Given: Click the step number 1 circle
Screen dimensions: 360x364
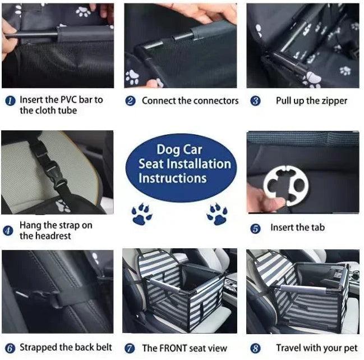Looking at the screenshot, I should point(10,101).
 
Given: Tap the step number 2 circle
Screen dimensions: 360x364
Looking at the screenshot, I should point(131,102).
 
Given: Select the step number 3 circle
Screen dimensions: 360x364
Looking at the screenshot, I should point(255,102).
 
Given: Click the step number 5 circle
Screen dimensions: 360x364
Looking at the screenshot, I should point(255,229).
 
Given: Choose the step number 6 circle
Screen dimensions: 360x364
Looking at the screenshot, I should point(9,348).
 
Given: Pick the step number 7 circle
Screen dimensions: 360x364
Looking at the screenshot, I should point(130,349).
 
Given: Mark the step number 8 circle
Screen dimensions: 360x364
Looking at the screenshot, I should point(255,349).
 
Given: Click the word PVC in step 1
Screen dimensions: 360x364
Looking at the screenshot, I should point(70,100).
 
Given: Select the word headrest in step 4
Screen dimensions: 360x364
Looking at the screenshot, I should point(54,236).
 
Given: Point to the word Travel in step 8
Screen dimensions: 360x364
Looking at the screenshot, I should point(290,348).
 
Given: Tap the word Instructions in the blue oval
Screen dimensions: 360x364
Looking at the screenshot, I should point(172,178).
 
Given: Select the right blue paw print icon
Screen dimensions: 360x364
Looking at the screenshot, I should point(216,213).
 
